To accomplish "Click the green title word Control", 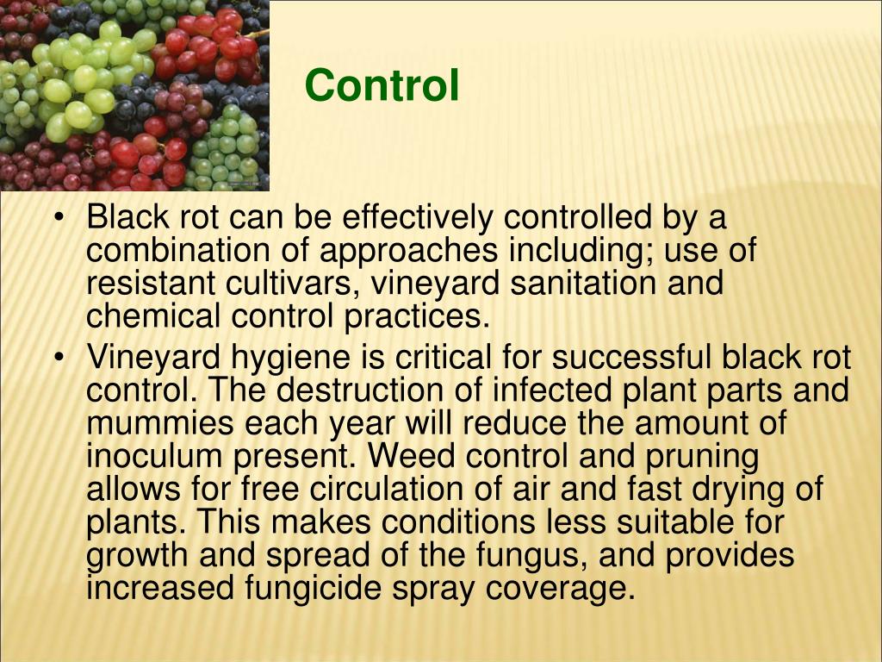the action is [382, 85].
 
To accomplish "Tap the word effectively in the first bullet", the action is [417, 217].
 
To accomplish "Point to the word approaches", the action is [409, 251].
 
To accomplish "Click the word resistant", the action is [150, 283].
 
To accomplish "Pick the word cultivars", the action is [293, 283].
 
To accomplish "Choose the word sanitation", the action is [583, 283].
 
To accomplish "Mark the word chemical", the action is [153, 315].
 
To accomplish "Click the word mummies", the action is [159, 423].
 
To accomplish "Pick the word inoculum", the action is [154, 457].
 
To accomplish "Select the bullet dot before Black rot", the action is [58, 218].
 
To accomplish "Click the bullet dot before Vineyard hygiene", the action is [58, 358].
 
